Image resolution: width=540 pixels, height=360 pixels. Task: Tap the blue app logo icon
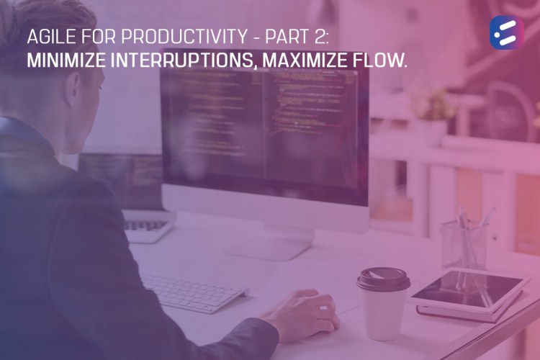[506, 32]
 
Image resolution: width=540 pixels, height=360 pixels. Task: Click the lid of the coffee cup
[384, 278]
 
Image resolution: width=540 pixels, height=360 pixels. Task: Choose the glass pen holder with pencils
[464, 241]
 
